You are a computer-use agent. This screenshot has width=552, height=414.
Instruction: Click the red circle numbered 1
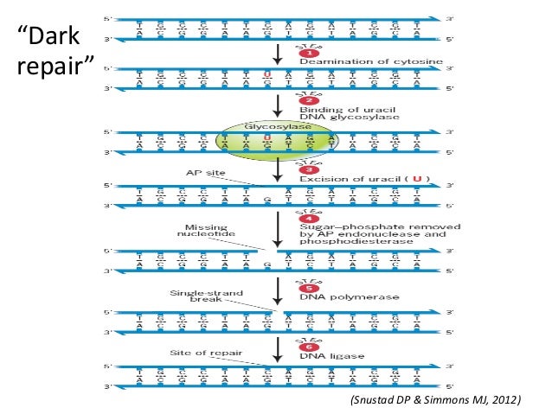[304, 54]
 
